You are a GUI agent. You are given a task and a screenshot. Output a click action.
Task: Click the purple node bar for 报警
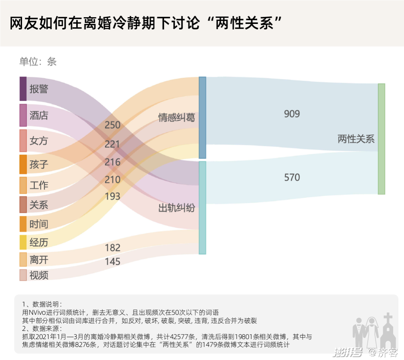[23, 89]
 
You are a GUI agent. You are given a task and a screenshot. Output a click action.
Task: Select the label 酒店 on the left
[39, 115]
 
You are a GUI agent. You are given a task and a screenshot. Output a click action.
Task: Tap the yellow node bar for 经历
[23, 242]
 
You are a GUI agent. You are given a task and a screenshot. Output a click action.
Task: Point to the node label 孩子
[39, 164]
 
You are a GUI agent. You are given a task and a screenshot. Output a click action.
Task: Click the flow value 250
[112, 125]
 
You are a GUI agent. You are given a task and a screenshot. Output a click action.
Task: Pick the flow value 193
[112, 196]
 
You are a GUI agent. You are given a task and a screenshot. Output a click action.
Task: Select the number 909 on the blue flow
[292, 114]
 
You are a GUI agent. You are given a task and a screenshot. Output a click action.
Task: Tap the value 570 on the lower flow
[292, 177]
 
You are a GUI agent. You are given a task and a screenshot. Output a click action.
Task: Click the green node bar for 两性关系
[381, 139]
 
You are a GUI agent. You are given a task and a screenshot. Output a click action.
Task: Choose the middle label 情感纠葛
[177, 118]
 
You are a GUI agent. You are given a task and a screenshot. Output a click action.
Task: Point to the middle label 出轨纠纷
[177, 208]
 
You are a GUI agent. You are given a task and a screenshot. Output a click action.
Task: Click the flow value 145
[112, 262]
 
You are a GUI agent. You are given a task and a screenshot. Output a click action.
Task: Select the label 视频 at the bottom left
[39, 275]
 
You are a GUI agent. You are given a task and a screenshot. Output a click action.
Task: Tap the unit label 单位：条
[38, 62]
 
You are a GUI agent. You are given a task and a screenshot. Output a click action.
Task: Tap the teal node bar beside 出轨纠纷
[202, 208]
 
